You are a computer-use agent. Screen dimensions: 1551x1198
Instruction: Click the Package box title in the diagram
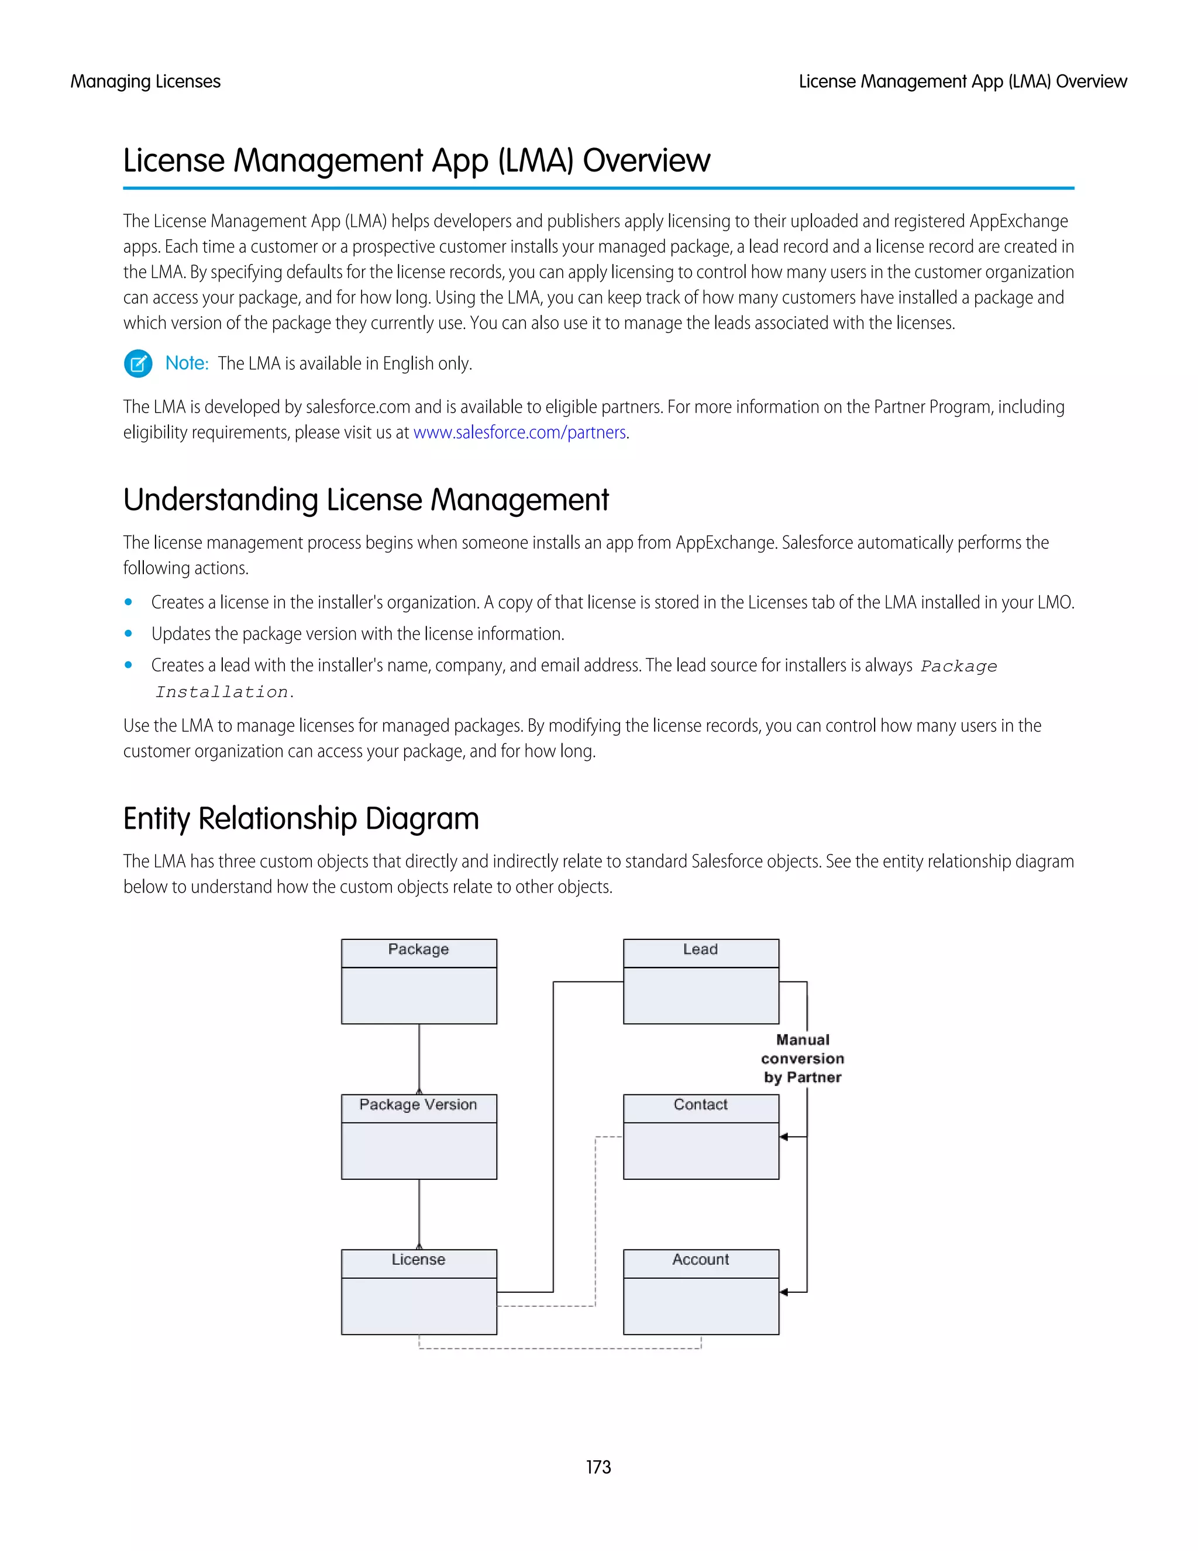(x=418, y=949)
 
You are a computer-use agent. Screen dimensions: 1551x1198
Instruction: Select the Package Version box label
(x=418, y=1104)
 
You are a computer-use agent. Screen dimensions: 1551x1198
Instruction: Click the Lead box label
(x=700, y=949)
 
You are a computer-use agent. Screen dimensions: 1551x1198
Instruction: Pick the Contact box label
(x=700, y=1104)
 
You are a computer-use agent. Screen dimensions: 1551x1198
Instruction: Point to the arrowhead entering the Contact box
(x=783, y=1137)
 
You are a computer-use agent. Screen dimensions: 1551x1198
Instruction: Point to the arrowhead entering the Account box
(x=783, y=1292)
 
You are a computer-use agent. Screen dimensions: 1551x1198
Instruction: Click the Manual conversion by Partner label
(x=803, y=1058)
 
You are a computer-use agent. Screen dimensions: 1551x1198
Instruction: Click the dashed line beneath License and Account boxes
(x=560, y=1348)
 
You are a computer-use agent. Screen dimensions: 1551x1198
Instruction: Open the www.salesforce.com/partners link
(x=519, y=433)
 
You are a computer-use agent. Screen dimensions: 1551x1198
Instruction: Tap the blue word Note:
(x=187, y=363)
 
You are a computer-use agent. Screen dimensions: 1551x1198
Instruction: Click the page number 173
(x=598, y=1467)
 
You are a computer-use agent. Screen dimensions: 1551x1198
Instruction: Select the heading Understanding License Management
(x=366, y=500)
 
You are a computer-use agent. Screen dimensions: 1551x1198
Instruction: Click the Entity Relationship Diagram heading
(x=301, y=819)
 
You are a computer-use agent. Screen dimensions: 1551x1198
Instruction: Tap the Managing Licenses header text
(x=146, y=82)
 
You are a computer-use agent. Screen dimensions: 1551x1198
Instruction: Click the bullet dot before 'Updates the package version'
(x=129, y=633)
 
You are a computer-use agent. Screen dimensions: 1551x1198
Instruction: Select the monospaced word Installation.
(x=222, y=692)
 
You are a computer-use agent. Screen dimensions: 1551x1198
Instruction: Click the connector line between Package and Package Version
(x=419, y=1058)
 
